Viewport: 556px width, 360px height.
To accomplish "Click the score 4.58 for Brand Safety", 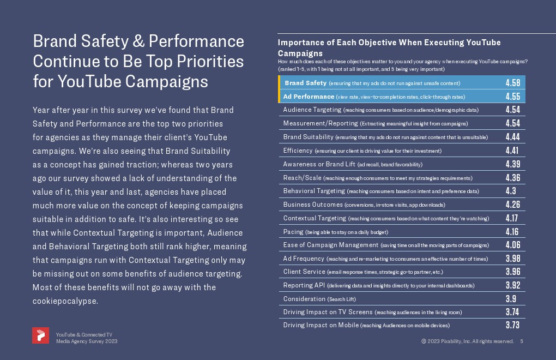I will pyautogui.click(x=512, y=83).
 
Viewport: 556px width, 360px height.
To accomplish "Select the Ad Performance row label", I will pyautogui.click(x=309, y=97).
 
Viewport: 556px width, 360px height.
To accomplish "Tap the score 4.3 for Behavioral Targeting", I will pyautogui.click(x=512, y=191).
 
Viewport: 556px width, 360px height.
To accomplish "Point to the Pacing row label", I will pyautogui.click(x=293, y=232).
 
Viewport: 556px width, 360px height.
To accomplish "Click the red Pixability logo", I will pyautogui.click(x=40, y=335).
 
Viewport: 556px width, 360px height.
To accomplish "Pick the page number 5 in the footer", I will pyautogui.click(x=522, y=341).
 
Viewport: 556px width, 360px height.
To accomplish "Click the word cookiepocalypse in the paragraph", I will pyautogui.click(x=65, y=301).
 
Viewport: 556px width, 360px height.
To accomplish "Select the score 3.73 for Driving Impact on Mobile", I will pyautogui.click(x=512, y=325).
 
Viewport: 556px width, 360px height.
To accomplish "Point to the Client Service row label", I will pyautogui.click(x=304, y=272).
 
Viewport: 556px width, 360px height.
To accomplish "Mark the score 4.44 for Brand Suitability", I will pyautogui.click(x=512, y=137).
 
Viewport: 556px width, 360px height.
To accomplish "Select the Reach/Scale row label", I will pyautogui.click(x=302, y=178).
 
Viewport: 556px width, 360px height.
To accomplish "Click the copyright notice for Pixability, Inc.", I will pyautogui.click(x=467, y=341).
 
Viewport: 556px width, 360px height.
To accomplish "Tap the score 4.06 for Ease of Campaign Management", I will pyautogui.click(x=512, y=245).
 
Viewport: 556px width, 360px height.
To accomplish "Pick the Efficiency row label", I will pyautogui.click(x=298, y=151).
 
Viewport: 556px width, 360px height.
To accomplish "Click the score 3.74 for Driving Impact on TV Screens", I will pyautogui.click(x=512, y=312).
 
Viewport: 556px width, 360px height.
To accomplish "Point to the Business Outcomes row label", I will pyautogui.click(x=313, y=205).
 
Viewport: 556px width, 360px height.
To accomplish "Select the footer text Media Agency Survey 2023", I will pyautogui.click(x=87, y=341).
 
